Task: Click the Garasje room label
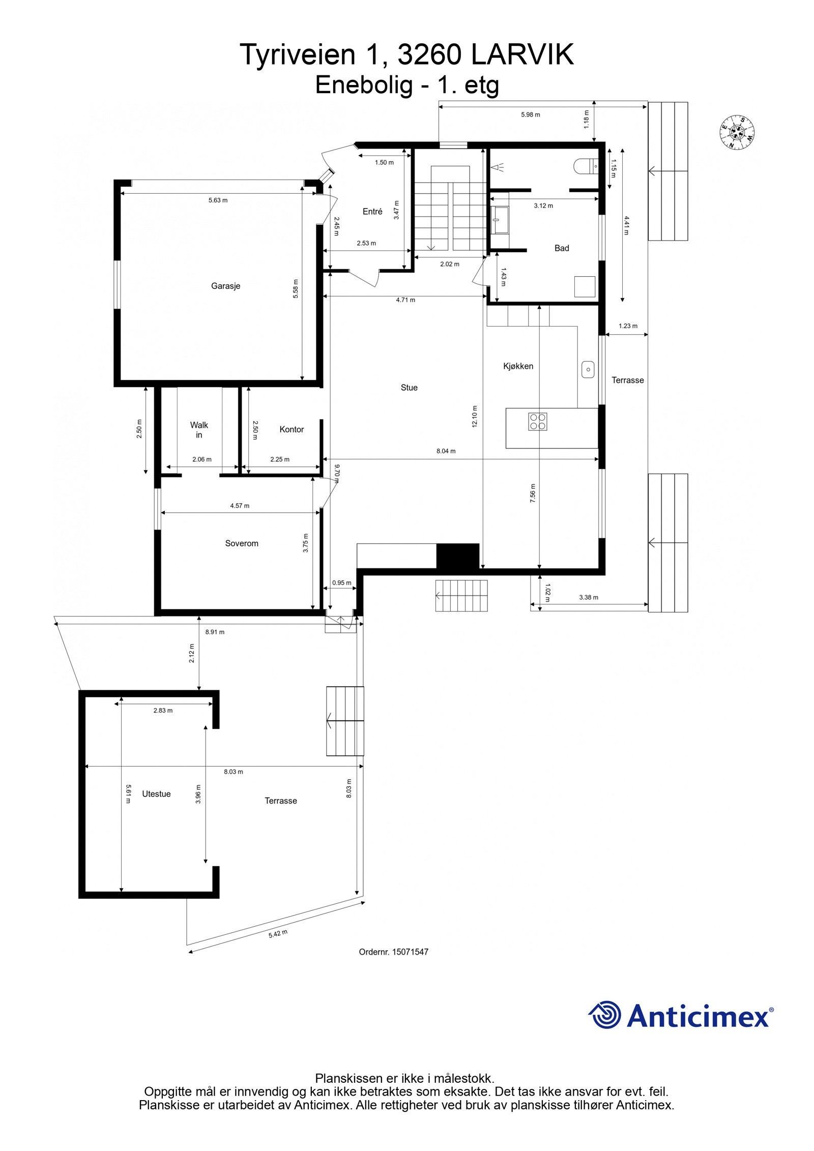225,286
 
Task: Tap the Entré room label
372,212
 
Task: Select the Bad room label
562,248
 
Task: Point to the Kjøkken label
518,366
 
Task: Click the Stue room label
409,388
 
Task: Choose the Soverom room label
242,543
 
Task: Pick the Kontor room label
292,429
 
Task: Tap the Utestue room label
156,794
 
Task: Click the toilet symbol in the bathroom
585,166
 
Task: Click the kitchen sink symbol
588,369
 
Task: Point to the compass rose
737,133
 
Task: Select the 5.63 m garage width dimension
218,200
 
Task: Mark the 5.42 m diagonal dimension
278,934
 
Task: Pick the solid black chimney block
458,555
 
